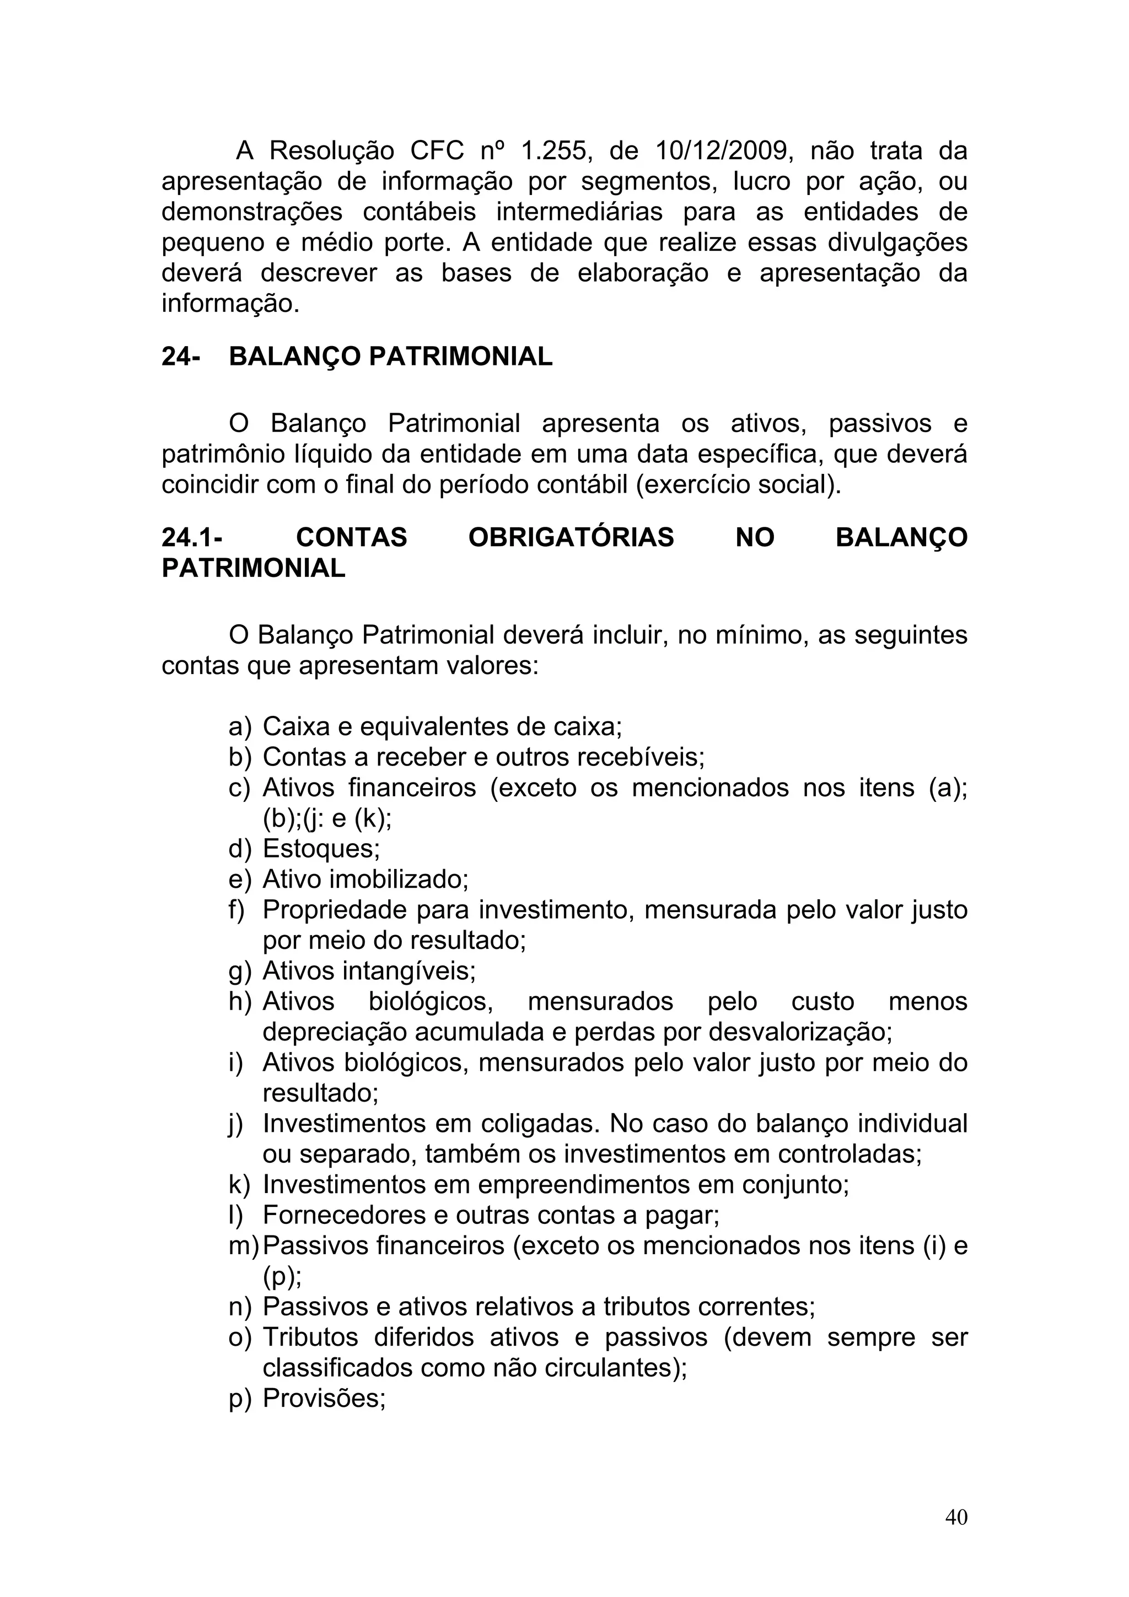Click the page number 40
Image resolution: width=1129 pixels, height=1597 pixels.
click(956, 1517)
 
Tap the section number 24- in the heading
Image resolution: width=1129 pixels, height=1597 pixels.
click(181, 357)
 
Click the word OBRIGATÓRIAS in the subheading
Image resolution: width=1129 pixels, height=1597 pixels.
click(571, 538)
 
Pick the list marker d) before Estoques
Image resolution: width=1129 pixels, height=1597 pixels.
click(239, 849)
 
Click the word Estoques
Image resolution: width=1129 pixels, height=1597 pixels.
click(321, 849)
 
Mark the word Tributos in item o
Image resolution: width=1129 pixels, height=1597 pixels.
click(310, 1337)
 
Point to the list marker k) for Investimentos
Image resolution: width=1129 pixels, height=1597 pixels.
click(239, 1185)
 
